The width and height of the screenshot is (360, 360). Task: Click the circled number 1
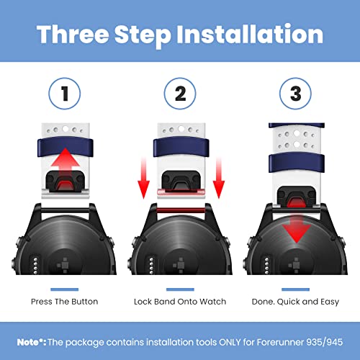pyautogui.click(x=65, y=94)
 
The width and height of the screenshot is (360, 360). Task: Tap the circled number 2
pyautogui.click(x=180, y=94)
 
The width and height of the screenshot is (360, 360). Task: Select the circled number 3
pyautogui.click(x=295, y=94)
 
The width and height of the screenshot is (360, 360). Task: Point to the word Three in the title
pyautogui.click(x=73, y=35)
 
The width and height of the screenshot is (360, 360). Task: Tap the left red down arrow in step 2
pyautogui.click(x=143, y=178)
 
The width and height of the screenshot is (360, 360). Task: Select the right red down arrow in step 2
pyautogui.click(x=219, y=178)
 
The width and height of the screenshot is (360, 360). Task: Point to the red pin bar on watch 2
pyautogui.click(x=181, y=211)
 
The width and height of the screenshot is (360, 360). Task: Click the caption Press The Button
pyautogui.click(x=65, y=302)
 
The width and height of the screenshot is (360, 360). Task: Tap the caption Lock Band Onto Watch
pyautogui.click(x=180, y=302)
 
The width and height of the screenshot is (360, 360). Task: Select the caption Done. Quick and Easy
pyautogui.click(x=295, y=302)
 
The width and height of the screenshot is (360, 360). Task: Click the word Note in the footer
pyautogui.click(x=28, y=342)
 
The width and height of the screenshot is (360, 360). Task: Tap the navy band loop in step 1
pyautogui.click(x=66, y=147)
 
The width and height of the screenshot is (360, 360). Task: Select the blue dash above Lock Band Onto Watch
pyautogui.click(x=180, y=289)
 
